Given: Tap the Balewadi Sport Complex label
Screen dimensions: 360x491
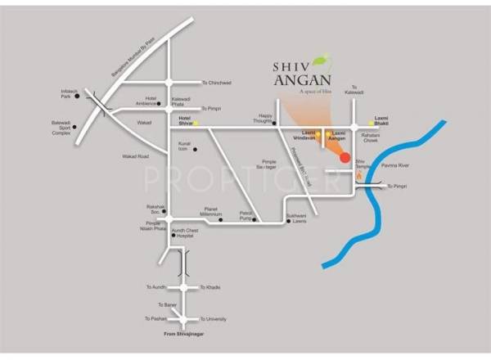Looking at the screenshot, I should (x=61, y=128).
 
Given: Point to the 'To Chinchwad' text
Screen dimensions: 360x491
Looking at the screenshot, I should (x=217, y=82).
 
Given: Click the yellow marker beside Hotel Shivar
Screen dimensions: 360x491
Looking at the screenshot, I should (x=196, y=123).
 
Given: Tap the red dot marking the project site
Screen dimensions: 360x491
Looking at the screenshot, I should (x=345, y=157).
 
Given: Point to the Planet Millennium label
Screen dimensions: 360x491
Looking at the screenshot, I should (x=216, y=210).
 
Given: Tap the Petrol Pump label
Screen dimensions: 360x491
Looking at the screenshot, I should (x=246, y=214).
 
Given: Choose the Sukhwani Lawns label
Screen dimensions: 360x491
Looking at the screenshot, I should (x=295, y=218).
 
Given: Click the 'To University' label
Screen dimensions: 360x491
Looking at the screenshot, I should (x=214, y=318).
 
